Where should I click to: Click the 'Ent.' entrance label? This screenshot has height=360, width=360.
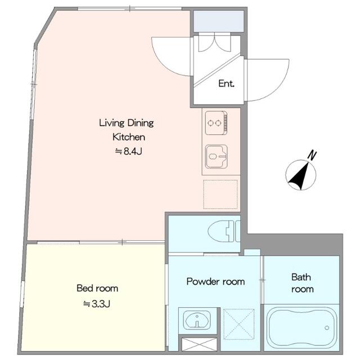226,84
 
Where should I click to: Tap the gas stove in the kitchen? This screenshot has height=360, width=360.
216,123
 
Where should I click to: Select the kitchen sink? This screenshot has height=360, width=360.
216,156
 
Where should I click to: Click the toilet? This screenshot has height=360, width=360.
224,231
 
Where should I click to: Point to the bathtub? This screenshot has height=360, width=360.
301,327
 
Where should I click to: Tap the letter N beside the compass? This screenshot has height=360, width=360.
312,155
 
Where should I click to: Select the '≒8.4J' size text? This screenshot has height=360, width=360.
129,151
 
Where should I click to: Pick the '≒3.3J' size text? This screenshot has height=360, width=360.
97,304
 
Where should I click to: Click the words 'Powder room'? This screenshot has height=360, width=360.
215,282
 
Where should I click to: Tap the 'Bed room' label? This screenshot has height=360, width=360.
97,288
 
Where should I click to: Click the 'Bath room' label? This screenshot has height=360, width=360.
302,283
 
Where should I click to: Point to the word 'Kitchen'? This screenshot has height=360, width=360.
129,137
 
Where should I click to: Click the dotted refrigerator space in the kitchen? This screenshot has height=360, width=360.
220,195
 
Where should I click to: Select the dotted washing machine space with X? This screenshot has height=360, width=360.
238,324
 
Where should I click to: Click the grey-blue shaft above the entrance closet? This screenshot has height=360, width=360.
218,21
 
